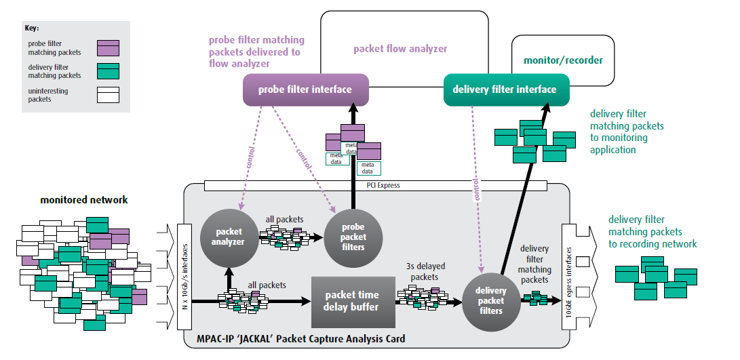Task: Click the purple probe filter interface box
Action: click(305, 90)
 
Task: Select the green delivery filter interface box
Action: click(504, 89)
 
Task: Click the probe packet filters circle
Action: click(353, 237)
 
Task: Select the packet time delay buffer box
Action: click(352, 301)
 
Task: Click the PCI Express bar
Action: click(379, 185)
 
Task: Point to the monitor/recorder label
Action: click(563, 60)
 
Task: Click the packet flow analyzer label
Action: click(400, 49)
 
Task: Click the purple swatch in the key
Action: click(108, 47)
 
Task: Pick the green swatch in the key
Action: click(108, 71)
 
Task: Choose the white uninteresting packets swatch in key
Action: click(108, 94)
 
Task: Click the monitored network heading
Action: click(84, 200)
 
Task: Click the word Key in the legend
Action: click(32, 28)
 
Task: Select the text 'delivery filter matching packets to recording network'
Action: click(652, 231)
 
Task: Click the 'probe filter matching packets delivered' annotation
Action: click(256, 52)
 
